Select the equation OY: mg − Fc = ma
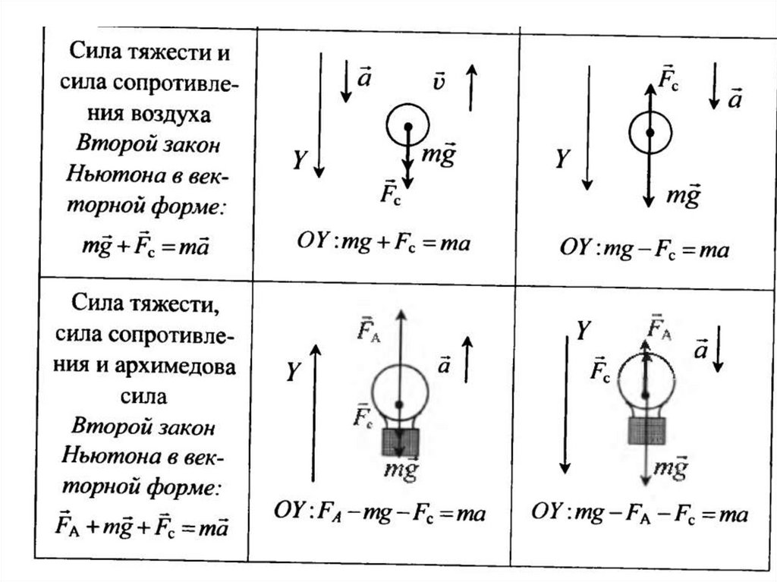(x=644, y=248)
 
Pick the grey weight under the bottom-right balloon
(x=646, y=429)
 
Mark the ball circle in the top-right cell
(x=650, y=132)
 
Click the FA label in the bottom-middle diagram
(x=370, y=329)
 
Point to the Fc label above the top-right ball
(x=668, y=80)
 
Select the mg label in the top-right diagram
(x=682, y=197)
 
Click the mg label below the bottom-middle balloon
(x=400, y=470)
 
